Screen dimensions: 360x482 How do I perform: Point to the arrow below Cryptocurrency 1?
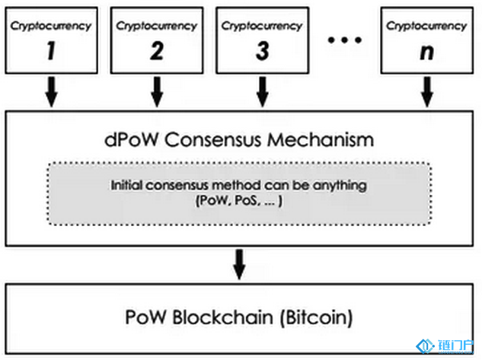point(51,91)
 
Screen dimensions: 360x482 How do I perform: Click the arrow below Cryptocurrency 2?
point(157,91)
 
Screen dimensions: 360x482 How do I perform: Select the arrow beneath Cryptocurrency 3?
point(262,91)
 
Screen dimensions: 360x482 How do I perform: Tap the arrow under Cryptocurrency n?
point(426,91)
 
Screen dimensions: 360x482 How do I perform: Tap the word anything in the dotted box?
point(345,185)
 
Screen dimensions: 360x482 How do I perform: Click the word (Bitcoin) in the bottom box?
point(327,315)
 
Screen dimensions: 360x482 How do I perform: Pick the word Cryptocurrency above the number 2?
point(156,25)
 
